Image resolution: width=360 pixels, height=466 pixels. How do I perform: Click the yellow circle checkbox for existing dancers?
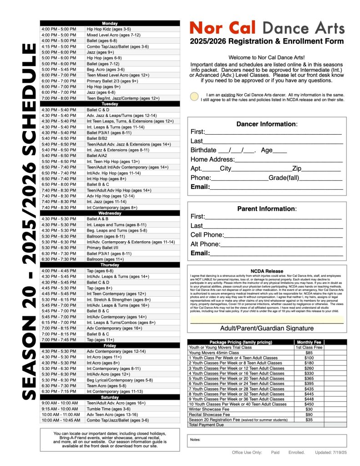pyautogui.click(x=194, y=96)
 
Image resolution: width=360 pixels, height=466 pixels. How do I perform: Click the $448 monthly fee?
pyautogui.click(x=309, y=399)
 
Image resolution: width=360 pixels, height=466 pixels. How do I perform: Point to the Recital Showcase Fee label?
pyautogui.click(x=209, y=414)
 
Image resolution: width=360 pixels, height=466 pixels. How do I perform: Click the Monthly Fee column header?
pyautogui.click(x=309, y=342)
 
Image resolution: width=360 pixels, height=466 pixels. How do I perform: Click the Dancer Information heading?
pyautogui.click(x=267, y=124)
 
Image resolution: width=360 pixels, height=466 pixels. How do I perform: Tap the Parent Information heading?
pyautogui.click(x=267, y=209)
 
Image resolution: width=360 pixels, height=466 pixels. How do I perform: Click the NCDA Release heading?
pyautogui.click(x=267, y=271)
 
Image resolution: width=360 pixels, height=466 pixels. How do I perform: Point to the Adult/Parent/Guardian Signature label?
pyautogui.click(x=267, y=328)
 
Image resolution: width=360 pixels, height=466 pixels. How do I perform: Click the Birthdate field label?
pyautogui.click(x=203, y=150)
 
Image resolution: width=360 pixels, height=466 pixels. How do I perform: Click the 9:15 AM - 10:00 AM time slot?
pyautogui.click(x=60, y=409)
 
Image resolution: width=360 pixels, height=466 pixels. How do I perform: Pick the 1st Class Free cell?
pyautogui.click(x=309, y=347)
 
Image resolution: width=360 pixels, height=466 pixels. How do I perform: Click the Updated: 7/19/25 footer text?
pyautogui.click(x=331, y=452)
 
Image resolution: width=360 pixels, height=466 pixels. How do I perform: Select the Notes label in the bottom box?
pyautogui.click(x=195, y=440)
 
